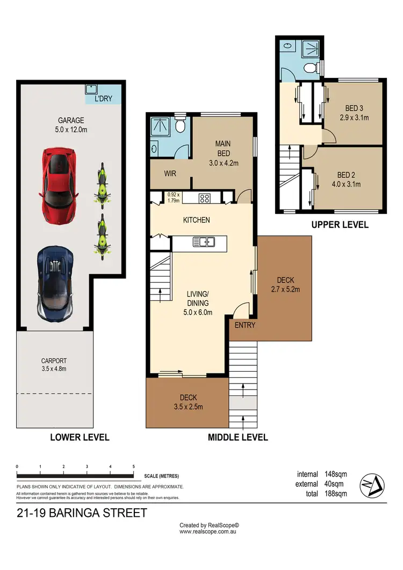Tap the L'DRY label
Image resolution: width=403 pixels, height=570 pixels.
click(x=103, y=99)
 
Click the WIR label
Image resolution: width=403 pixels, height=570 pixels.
click(x=170, y=174)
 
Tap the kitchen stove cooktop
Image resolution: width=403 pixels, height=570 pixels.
click(x=205, y=198)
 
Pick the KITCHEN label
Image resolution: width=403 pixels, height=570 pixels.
click(x=196, y=220)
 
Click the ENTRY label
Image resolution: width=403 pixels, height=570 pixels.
click(x=244, y=325)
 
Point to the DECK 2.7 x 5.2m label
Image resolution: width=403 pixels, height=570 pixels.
click(x=285, y=285)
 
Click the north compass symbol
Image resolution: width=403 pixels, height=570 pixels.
click(x=372, y=484)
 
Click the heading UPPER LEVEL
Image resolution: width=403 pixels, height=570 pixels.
click(x=340, y=225)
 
